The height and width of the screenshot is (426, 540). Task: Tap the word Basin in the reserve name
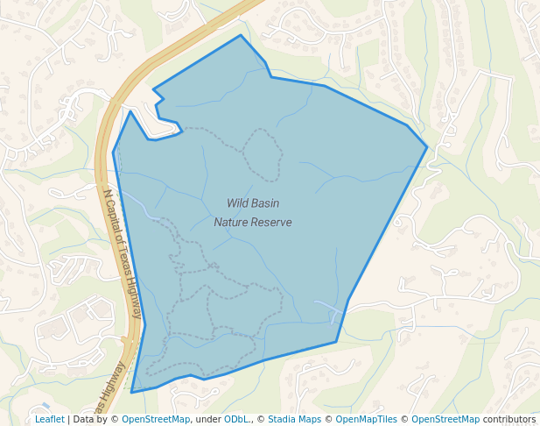tap(265, 203)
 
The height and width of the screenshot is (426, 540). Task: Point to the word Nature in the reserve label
tap(231, 223)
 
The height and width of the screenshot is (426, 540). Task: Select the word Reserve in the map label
tap(271, 223)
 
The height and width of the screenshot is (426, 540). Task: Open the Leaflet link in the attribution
tap(49, 419)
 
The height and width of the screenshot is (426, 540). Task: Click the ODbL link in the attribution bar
tap(237, 419)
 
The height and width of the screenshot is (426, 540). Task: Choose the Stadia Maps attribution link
tap(294, 419)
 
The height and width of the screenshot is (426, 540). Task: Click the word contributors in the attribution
tap(509, 419)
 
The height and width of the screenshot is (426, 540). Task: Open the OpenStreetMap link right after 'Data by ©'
tap(156, 419)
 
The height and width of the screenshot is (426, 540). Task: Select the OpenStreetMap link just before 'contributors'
tap(445, 419)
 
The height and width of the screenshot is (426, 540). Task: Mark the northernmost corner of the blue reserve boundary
tap(241, 36)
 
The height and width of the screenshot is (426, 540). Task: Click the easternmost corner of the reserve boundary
tap(427, 146)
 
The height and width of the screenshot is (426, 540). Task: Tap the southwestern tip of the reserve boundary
tap(132, 392)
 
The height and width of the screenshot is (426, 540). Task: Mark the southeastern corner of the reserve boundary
tap(337, 341)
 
